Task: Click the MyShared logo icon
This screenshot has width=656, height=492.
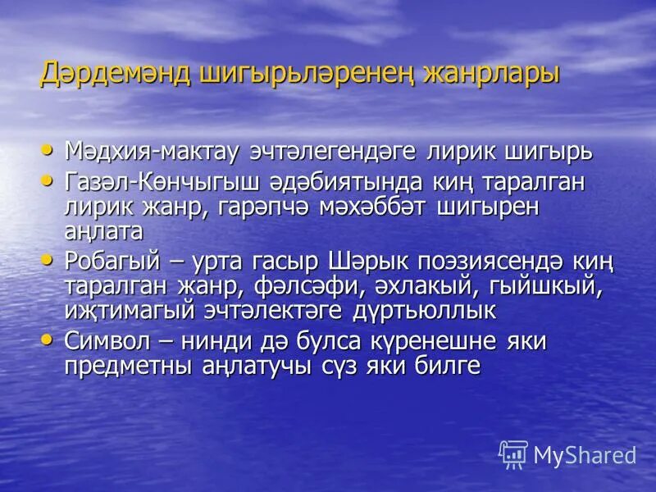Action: point(513,453)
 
